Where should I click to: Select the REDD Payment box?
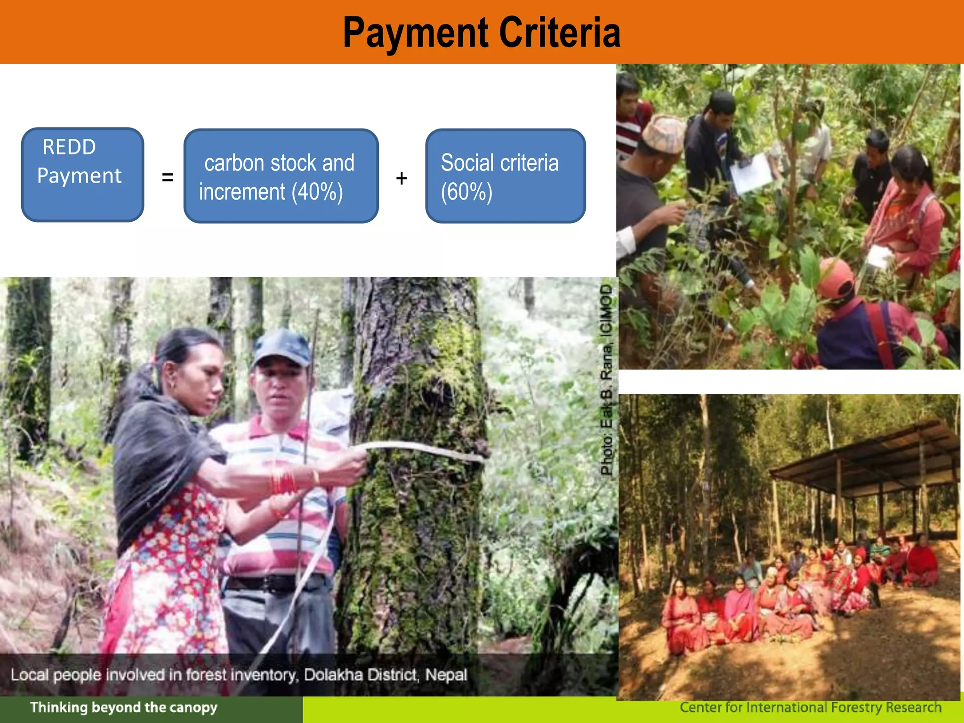(x=82, y=175)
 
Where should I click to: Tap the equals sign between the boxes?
(x=167, y=178)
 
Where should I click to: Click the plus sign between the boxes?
(x=401, y=178)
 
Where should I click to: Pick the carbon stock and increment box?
(x=281, y=176)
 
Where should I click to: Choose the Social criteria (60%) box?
(x=505, y=176)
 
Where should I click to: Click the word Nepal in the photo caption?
(x=446, y=675)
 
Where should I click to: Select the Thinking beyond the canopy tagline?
(x=123, y=707)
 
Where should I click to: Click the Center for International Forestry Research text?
(x=810, y=707)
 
